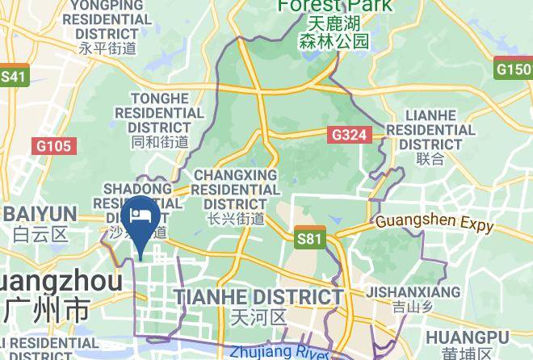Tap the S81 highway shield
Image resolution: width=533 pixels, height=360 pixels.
pos(309,238)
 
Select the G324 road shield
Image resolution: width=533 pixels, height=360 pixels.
pos(350,136)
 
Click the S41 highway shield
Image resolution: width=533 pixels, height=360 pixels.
pos(14,77)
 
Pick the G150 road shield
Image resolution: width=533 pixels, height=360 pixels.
pos(514,69)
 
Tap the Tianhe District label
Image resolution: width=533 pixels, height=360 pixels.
pos(259,297)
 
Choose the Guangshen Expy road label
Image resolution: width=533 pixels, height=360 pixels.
pos(434,223)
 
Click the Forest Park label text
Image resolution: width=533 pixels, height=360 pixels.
pos(334,6)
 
